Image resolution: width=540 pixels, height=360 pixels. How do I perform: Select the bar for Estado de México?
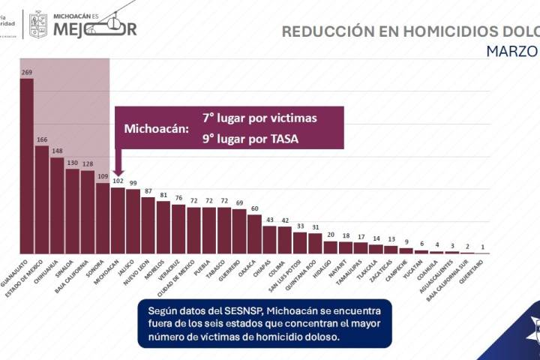[x=42, y=199]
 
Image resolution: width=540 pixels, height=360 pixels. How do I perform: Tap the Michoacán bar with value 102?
[x=118, y=220]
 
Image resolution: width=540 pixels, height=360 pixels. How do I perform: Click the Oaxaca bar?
[x=254, y=234]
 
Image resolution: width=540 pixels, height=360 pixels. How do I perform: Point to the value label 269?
[x=26, y=73]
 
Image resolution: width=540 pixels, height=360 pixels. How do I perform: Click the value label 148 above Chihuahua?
[x=57, y=151]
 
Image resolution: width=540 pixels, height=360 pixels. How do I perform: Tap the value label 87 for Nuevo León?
[x=148, y=191]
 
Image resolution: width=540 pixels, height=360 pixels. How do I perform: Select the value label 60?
[x=254, y=208]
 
